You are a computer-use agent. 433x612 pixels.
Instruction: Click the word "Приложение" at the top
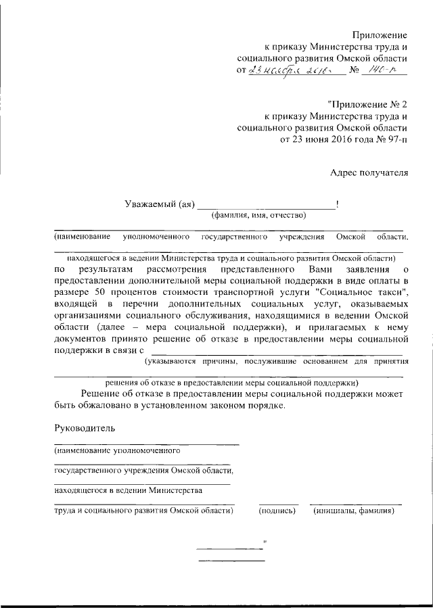point(380,34)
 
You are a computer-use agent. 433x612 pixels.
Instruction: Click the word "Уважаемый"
point(151,204)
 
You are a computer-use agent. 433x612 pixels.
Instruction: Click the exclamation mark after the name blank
point(337,204)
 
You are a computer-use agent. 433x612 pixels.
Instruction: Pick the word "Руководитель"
point(85,427)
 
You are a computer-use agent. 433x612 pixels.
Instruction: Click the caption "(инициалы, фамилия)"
point(354,511)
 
